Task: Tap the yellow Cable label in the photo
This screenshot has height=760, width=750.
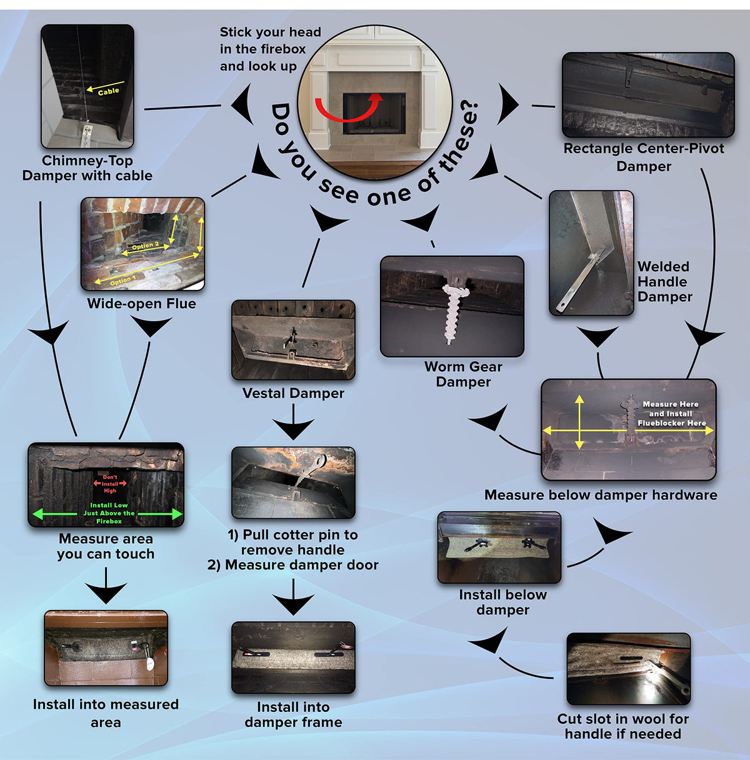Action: [108, 91]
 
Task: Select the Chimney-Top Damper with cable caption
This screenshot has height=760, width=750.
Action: [87, 168]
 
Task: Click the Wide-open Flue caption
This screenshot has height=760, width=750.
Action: [141, 304]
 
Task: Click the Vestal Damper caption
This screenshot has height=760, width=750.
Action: [293, 393]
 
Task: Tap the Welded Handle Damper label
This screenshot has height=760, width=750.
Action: [664, 282]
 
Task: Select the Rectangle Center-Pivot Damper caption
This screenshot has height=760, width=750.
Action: [643, 157]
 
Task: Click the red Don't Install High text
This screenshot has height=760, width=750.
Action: [110, 484]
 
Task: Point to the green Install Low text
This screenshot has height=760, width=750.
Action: [109, 512]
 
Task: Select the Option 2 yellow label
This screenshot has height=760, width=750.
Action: [145, 246]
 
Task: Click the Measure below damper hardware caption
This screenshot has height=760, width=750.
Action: [601, 495]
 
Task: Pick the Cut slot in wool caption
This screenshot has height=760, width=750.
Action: [622, 726]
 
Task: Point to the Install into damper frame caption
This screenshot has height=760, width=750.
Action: [293, 714]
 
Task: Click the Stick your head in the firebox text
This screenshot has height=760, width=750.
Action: [270, 49]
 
